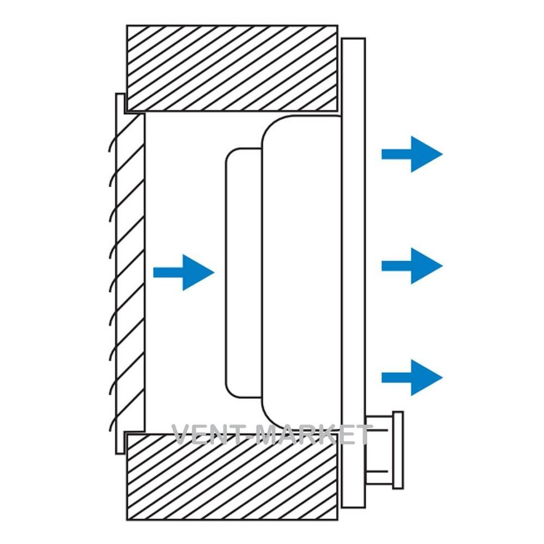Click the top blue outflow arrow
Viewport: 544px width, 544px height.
click(x=412, y=154)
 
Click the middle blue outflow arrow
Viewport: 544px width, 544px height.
click(x=412, y=266)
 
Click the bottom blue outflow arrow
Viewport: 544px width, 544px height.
click(x=412, y=378)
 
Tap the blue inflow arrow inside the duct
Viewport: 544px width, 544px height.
click(x=183, y=273)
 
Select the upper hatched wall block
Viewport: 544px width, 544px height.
click(x=232, y=69)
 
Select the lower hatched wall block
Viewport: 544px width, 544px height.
click(x=232, y=477)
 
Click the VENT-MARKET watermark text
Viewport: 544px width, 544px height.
click(x=271, y=434)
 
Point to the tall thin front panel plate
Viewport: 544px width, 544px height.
click(x=354, y=273)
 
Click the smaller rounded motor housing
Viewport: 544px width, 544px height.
click(x=244, y=273)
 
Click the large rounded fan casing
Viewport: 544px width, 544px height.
click(x=302, y=273)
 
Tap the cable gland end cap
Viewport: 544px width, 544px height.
click(x=398, y=450)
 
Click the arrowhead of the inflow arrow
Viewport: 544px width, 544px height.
click(x=199, y=273)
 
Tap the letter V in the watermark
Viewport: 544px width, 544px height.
click(x=182, y=434)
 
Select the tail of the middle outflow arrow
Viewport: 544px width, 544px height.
click(x=397, y=266)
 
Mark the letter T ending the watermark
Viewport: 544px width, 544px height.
click(x=361, y=434)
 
